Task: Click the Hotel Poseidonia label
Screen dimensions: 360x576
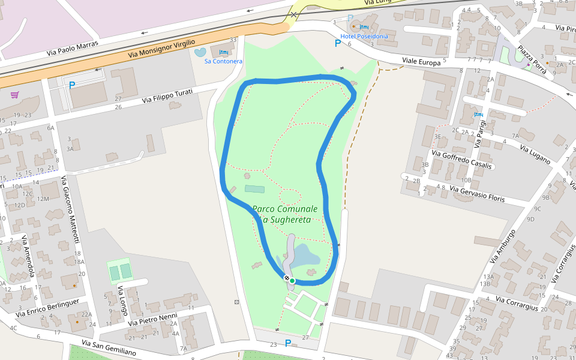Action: tap(364, 36)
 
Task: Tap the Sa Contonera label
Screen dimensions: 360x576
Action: tap(223, 61)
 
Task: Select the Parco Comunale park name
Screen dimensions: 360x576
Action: tap(284, 209)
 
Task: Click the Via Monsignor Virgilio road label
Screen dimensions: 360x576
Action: tap(162, 50)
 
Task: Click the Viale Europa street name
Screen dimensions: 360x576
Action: tap(421, 61)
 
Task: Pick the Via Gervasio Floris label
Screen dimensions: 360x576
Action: tap(478, 194)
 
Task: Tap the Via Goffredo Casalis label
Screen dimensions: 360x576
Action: tap(467, 160)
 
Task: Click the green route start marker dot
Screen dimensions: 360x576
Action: tap(292, 280)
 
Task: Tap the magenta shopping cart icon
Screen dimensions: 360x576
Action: tap(14, 94)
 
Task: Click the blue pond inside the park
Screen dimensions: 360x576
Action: tap(306, 256)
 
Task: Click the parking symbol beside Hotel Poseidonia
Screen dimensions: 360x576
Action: tap(338, 43)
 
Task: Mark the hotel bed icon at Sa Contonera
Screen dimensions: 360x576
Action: tap(223, 53)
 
